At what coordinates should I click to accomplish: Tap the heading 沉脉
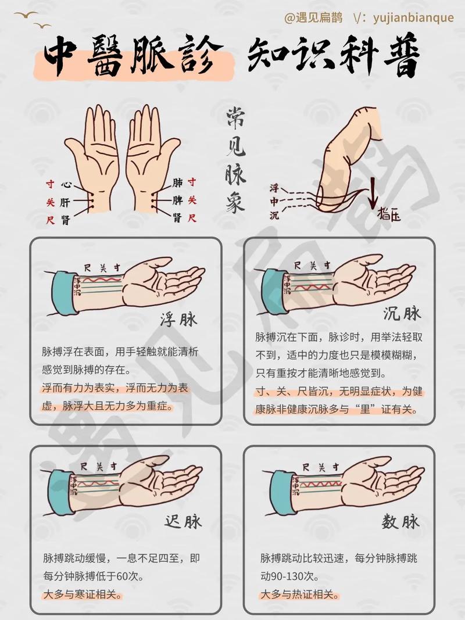tap(402, 314)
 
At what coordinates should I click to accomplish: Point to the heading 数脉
tap(400, 522)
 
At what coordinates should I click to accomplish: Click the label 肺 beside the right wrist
tap(177, 184)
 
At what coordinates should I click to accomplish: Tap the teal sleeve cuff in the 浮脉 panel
tap(65, 294)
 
